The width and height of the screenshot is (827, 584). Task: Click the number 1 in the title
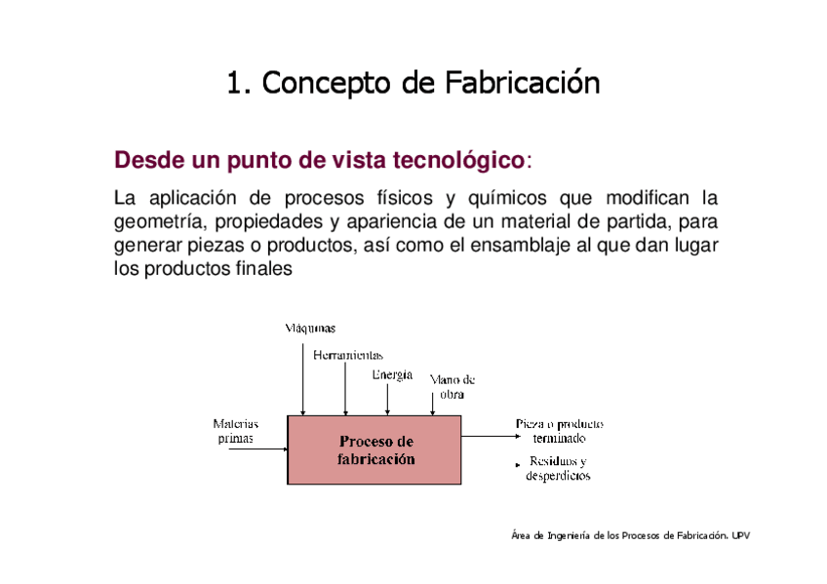[x=233, y=84]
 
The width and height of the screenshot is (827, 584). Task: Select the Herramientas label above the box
[x=348, y=356]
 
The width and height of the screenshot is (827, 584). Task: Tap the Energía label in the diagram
[x=392, y=375]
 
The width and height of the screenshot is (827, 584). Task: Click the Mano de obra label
[x=452, y=387]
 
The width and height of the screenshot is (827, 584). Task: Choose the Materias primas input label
[x=236, y=431]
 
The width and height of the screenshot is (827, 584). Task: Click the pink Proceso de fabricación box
[x=374, y=449]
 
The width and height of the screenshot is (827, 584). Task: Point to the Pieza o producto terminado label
[x=559, y=431]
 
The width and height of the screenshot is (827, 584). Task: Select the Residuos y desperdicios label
[x=558, y=468]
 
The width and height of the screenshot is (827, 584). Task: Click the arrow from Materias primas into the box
[x=272, y=449]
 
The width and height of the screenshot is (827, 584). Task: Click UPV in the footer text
[x=741, y=535]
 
